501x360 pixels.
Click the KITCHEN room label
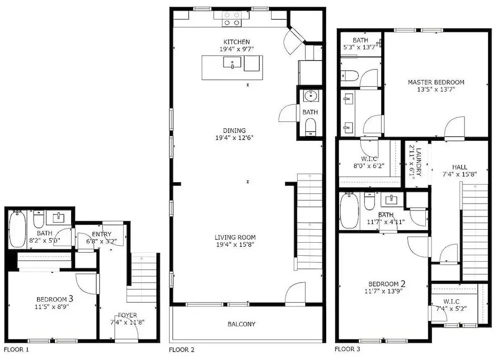tap(236, 42)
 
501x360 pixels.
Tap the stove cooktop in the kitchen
tap(231, 19)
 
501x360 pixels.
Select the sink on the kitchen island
tap(232, 63)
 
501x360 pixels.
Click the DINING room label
tap(234, 130)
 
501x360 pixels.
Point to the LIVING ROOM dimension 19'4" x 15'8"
tap(235, 245)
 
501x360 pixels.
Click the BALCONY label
tap(241, 324)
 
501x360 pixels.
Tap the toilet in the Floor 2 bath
tap(310, 127)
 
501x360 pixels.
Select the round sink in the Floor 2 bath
tap(310, 96)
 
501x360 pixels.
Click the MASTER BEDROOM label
tap(436, 82)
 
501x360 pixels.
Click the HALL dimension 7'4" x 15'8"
tap(460, 174)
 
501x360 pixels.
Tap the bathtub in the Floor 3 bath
tap(350, 211)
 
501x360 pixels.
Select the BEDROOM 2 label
tap(387, 284)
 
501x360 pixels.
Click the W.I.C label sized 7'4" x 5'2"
tap(451, 301)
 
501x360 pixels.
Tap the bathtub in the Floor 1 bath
tap(17, 229)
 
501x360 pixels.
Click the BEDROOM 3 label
tap(55, 299)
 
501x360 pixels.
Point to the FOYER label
tap(127, 315)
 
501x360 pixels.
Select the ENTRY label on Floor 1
tap(102, 234)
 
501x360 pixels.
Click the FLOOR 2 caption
tap(181, 350)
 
